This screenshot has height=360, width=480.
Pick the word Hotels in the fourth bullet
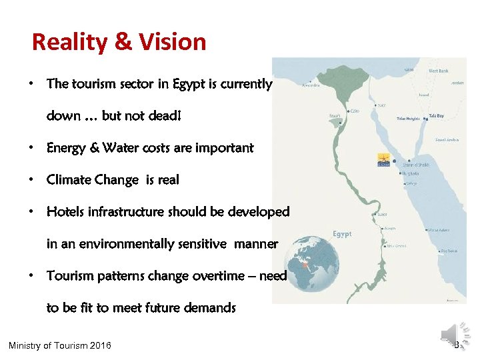pos(65,212)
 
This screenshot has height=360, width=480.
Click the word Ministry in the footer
pos(27,345)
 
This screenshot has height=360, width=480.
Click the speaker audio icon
pos(450,333)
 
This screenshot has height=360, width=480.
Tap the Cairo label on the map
pos(354,111)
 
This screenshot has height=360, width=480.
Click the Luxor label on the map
pos(382,215)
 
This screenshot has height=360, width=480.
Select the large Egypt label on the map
pos(342,234)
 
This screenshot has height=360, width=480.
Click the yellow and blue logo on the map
pos(384,161)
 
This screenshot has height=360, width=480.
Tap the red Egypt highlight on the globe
pos(306,265)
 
